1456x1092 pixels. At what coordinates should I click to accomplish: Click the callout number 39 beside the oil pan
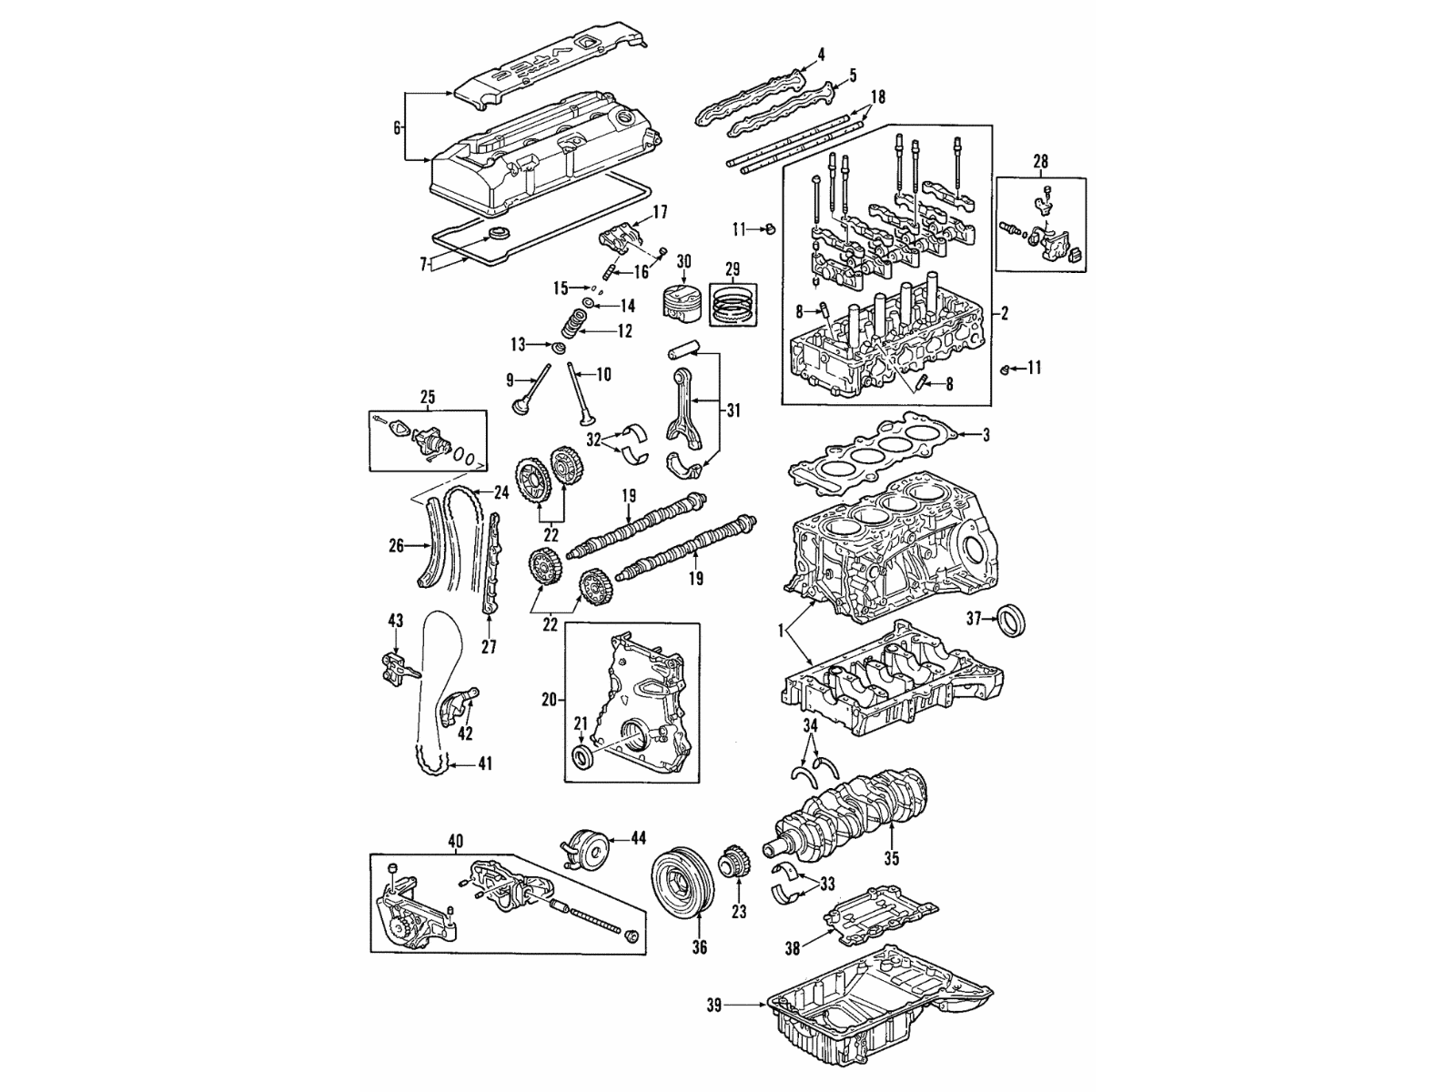pos(714,1006)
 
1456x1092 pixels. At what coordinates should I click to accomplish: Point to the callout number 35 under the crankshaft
pos(891,858)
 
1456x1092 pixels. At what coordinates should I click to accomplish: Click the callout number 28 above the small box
pos(1040,161)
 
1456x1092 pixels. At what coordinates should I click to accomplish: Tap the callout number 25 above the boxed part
pos(428,397)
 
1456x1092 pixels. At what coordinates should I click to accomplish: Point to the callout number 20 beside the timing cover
pos(548,700)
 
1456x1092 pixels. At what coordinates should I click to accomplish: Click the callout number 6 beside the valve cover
pos(397,128)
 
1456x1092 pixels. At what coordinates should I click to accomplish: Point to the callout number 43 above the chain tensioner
pos(395,621)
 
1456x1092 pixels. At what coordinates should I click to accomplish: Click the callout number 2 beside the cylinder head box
pos(1004,314)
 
